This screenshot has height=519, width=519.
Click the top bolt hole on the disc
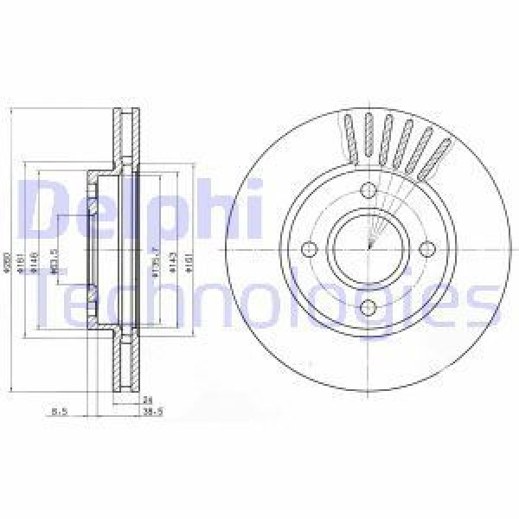tap(368, 193)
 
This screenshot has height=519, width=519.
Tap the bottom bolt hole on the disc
tap(368, 305)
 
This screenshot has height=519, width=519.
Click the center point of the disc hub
tap(368, 249)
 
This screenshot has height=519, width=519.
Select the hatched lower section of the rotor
tap(125, 363)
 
